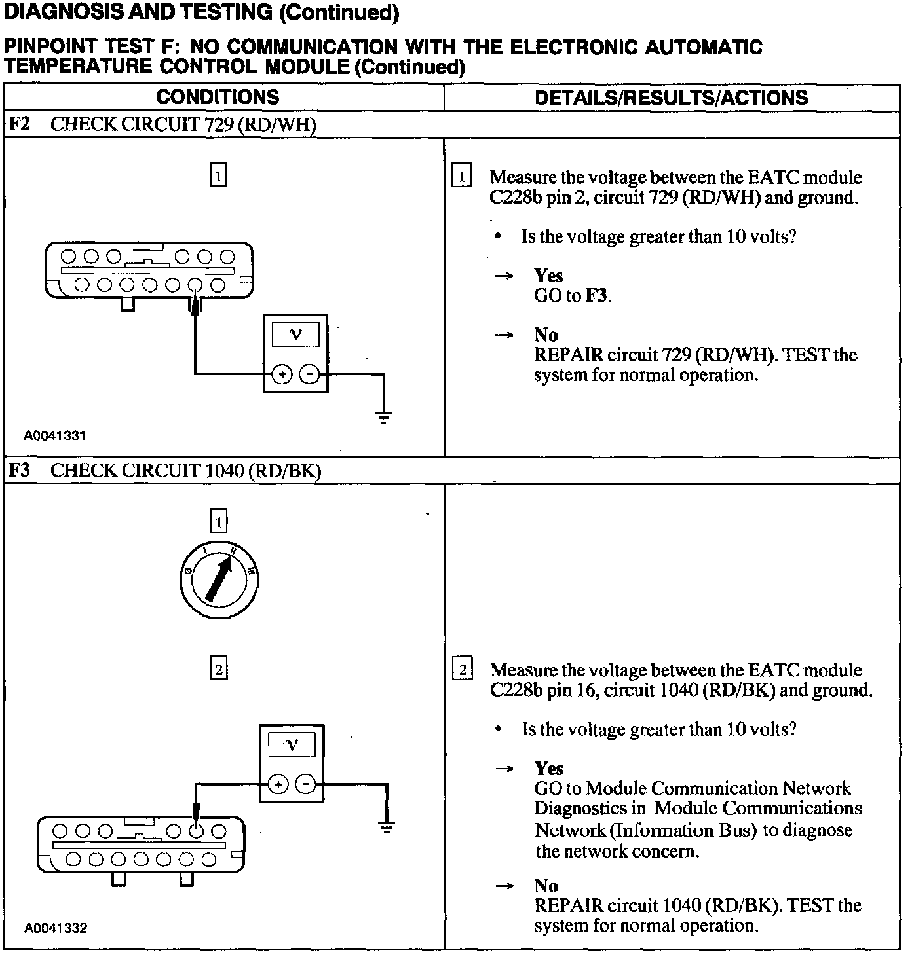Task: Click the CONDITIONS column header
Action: pos(218,98)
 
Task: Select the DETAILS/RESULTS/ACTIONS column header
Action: pos(671,98)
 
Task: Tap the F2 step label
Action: pos(19,124)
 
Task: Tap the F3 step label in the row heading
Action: pos(19,471)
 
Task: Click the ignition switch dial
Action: pos(218,578)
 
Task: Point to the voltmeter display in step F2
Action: pos(295,335)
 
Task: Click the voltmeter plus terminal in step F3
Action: pos(278,784)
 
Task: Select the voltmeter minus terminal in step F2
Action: pos(309,374)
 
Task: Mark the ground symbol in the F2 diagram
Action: pos(384,416)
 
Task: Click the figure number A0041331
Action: pos(55,435)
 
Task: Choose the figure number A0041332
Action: pos(56,928)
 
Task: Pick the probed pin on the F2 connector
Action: pos(195,285)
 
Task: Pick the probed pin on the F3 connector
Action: pos(196,831)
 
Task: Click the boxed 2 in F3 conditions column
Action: pos(218,669)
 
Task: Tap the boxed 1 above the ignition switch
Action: pos(218,522)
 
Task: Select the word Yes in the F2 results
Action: pos(548,276)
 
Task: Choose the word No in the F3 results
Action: pos(546,886)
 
